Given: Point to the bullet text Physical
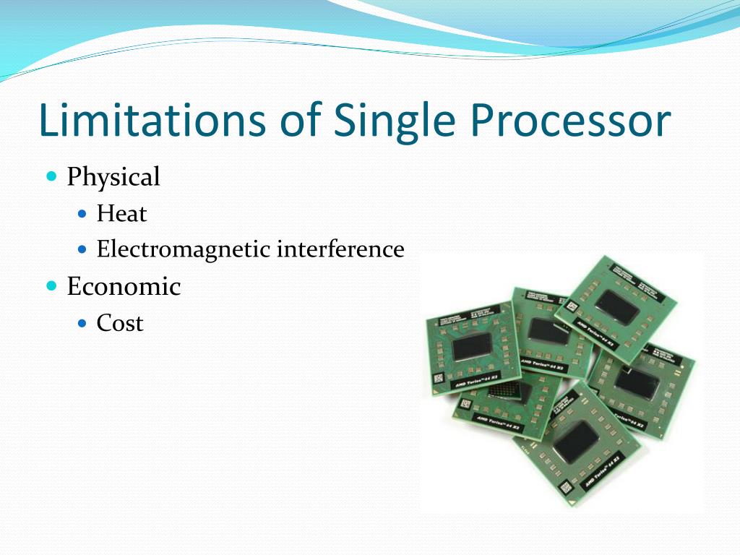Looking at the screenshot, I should (113, 177).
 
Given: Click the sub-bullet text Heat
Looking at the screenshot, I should (121, 214).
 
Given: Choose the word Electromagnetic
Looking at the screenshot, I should (184, 250).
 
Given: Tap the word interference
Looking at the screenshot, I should (340, 250).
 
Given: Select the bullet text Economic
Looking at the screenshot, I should (124, 287).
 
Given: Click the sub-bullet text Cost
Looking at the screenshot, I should (120, 323).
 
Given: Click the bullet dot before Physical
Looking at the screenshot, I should (51, 176).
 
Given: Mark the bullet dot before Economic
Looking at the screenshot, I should (51, 285).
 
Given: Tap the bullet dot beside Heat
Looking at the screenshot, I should (82, 214).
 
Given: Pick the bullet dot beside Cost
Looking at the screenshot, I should (82, 323).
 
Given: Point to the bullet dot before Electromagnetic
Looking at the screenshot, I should (82, 250).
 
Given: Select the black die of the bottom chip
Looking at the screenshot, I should (575, 442).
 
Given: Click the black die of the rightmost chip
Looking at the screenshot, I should (636, 382).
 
